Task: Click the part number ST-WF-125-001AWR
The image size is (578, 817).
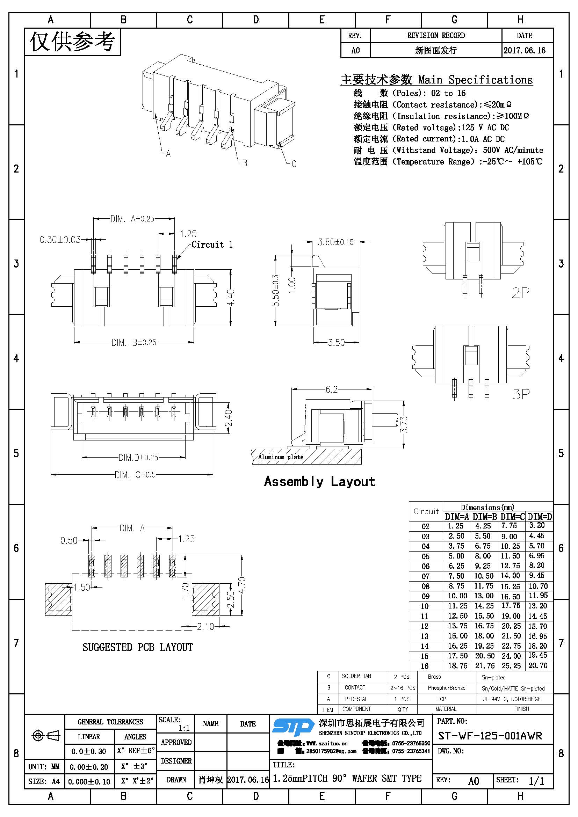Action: coord(490,736)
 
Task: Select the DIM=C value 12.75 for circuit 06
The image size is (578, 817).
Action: coord(510,566)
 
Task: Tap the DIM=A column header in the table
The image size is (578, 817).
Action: coord(457,517)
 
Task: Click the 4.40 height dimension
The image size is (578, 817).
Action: coord(231,298)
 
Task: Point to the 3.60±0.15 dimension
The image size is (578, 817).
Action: coord(335,242)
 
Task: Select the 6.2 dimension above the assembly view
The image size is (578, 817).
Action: coord(331,389)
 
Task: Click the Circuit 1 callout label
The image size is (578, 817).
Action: coord(212,245)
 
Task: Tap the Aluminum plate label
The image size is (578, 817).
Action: coord(281,457)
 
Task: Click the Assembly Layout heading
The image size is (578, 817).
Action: coord(319,481)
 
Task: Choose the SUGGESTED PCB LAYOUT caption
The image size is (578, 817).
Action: coord(137,647)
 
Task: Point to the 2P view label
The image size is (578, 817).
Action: coord(520,292)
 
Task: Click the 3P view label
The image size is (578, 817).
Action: coord(521,394)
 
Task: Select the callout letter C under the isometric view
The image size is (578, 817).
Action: coord(294,164)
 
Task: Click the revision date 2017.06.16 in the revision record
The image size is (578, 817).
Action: coord(524,51)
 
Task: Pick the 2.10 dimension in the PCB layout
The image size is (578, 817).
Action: coord(206,627)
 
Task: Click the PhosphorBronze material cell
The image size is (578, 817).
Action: coord(446,688)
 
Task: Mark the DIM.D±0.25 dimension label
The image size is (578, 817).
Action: coord(138,457)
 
